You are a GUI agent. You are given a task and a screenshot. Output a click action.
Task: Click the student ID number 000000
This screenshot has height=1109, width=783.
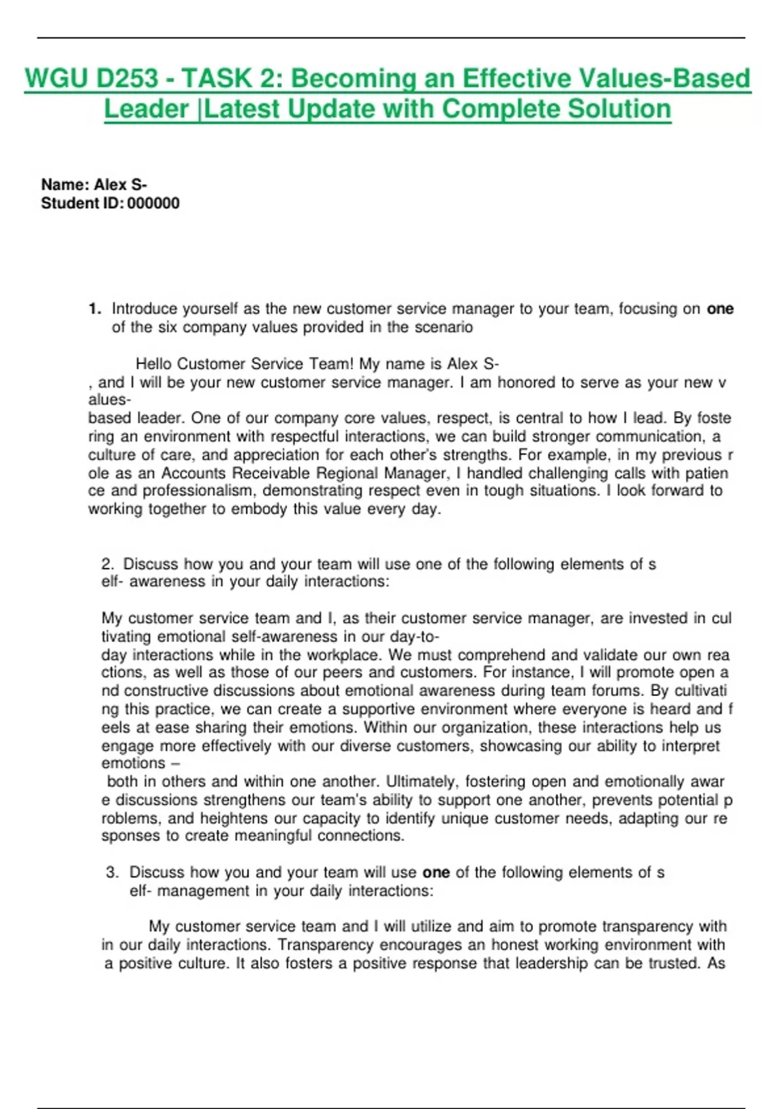(153, 204)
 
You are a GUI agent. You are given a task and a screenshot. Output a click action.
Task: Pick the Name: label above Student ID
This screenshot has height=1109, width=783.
(65, 185)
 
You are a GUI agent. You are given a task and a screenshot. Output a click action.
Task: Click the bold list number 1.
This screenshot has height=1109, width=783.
(95, 309)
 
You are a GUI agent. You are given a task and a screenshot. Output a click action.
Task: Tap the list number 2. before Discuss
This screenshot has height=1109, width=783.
(108, 564)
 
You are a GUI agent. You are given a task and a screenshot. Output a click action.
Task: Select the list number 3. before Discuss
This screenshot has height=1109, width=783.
(112, 873)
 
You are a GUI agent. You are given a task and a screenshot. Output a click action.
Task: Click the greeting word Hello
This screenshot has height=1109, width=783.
(154, 364)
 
